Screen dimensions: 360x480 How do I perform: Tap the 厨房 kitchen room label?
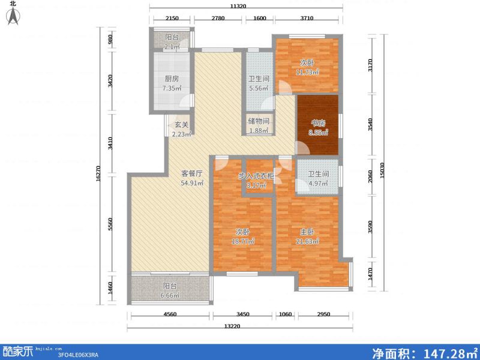[171, 79]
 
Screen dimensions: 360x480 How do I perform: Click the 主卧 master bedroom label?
[307, 232]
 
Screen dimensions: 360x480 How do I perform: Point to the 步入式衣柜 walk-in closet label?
[257, 176]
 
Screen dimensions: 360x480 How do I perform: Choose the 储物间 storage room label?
[259, 121]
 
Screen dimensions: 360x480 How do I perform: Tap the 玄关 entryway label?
[181, 125]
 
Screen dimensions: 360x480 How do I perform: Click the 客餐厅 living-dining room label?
[193, 173]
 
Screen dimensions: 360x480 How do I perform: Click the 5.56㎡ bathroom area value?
[259, 88]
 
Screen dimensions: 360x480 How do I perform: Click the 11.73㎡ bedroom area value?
[307, 72]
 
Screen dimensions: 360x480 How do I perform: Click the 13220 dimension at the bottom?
[238, 327]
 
